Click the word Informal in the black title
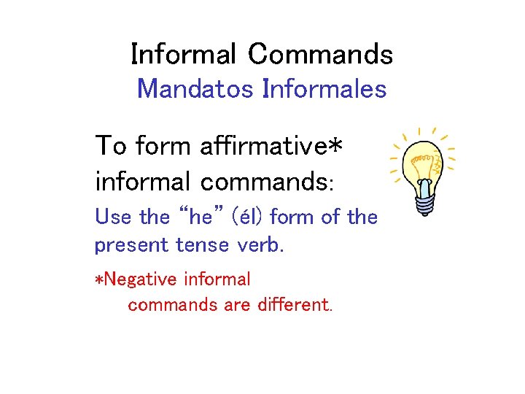pos(183,54)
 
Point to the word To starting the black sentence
pos(111,146)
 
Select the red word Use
pos(113,217)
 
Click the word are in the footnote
pos(238,305)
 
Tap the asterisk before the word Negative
pos(100,279)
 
